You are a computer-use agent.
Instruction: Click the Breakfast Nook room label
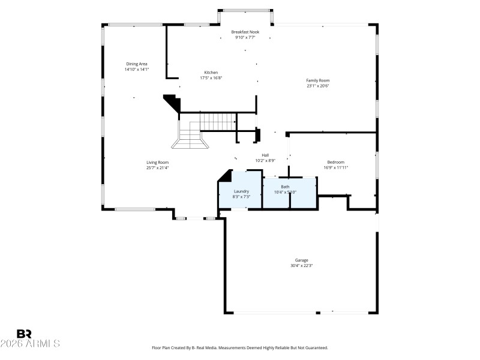[x=245, y=32]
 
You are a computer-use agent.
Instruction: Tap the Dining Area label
[x=136, y=64]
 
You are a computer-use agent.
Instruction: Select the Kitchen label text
[x=211, y=73]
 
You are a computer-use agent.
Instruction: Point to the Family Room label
[x=317, y=80]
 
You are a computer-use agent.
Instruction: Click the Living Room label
[x=157, y=162]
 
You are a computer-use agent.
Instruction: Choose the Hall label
[x=265, y=155]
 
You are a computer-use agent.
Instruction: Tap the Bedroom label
[x=335, y=162]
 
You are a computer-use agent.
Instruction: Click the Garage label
[x=301, y=260]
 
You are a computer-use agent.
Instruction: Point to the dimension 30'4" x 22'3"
[x=301, y=265]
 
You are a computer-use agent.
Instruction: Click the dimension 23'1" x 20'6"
[x=317, y=86]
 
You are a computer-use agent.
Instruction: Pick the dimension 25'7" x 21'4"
[x=157, y=167]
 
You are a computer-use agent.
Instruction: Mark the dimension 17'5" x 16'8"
[x=211, y=78]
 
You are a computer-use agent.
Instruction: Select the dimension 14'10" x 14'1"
[x=136, y=69]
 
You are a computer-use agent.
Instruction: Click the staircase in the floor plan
[x=204, y=129]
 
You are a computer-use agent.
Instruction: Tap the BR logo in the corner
[x=24, y=334]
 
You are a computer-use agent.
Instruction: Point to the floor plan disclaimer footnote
[x=240, y=347]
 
